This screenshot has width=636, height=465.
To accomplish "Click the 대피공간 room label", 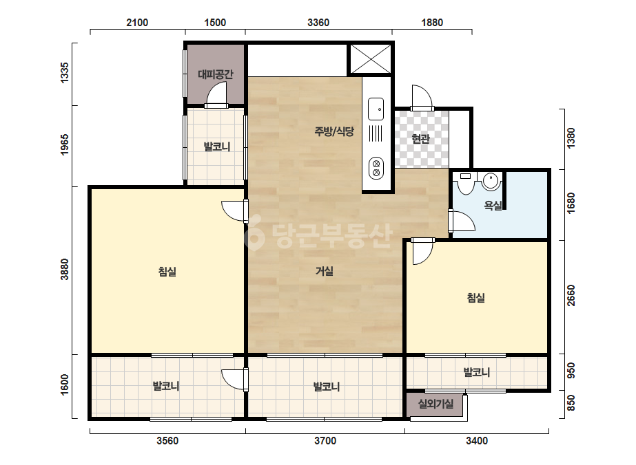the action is tap(216, 74).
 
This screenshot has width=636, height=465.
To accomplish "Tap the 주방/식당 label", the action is tap(334, 131).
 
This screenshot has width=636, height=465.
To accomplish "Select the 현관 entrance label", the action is tap(420, 139).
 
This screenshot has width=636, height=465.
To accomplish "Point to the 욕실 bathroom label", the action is tap(493, 206).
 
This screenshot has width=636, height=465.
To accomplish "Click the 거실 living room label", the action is tap(325, 271).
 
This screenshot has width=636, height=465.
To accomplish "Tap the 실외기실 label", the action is tap(435, 404).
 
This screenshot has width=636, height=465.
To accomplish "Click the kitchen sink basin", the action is tap(376, 109).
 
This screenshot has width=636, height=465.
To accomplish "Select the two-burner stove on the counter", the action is tap(376, 168).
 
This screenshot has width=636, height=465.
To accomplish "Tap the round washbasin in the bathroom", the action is tap(491, 181).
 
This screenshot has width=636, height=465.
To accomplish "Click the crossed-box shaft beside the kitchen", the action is tap(371, 59).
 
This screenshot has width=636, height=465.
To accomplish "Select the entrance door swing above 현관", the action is tap(422, 97).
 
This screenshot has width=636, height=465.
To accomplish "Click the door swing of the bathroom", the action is tap(462, 221).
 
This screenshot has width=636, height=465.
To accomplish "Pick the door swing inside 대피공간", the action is tap(216, 94).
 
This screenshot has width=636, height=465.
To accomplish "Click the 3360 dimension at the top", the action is tap(318, 23).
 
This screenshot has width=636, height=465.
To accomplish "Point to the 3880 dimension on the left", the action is tap(65, 270).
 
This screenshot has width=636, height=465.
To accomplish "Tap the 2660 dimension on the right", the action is tap(571, 296).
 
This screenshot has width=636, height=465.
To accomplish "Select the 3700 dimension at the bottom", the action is tap(325, 441).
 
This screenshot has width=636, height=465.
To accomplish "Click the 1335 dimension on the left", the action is tap(65, 73).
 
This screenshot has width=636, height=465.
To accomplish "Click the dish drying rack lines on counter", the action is tap(376, 133).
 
